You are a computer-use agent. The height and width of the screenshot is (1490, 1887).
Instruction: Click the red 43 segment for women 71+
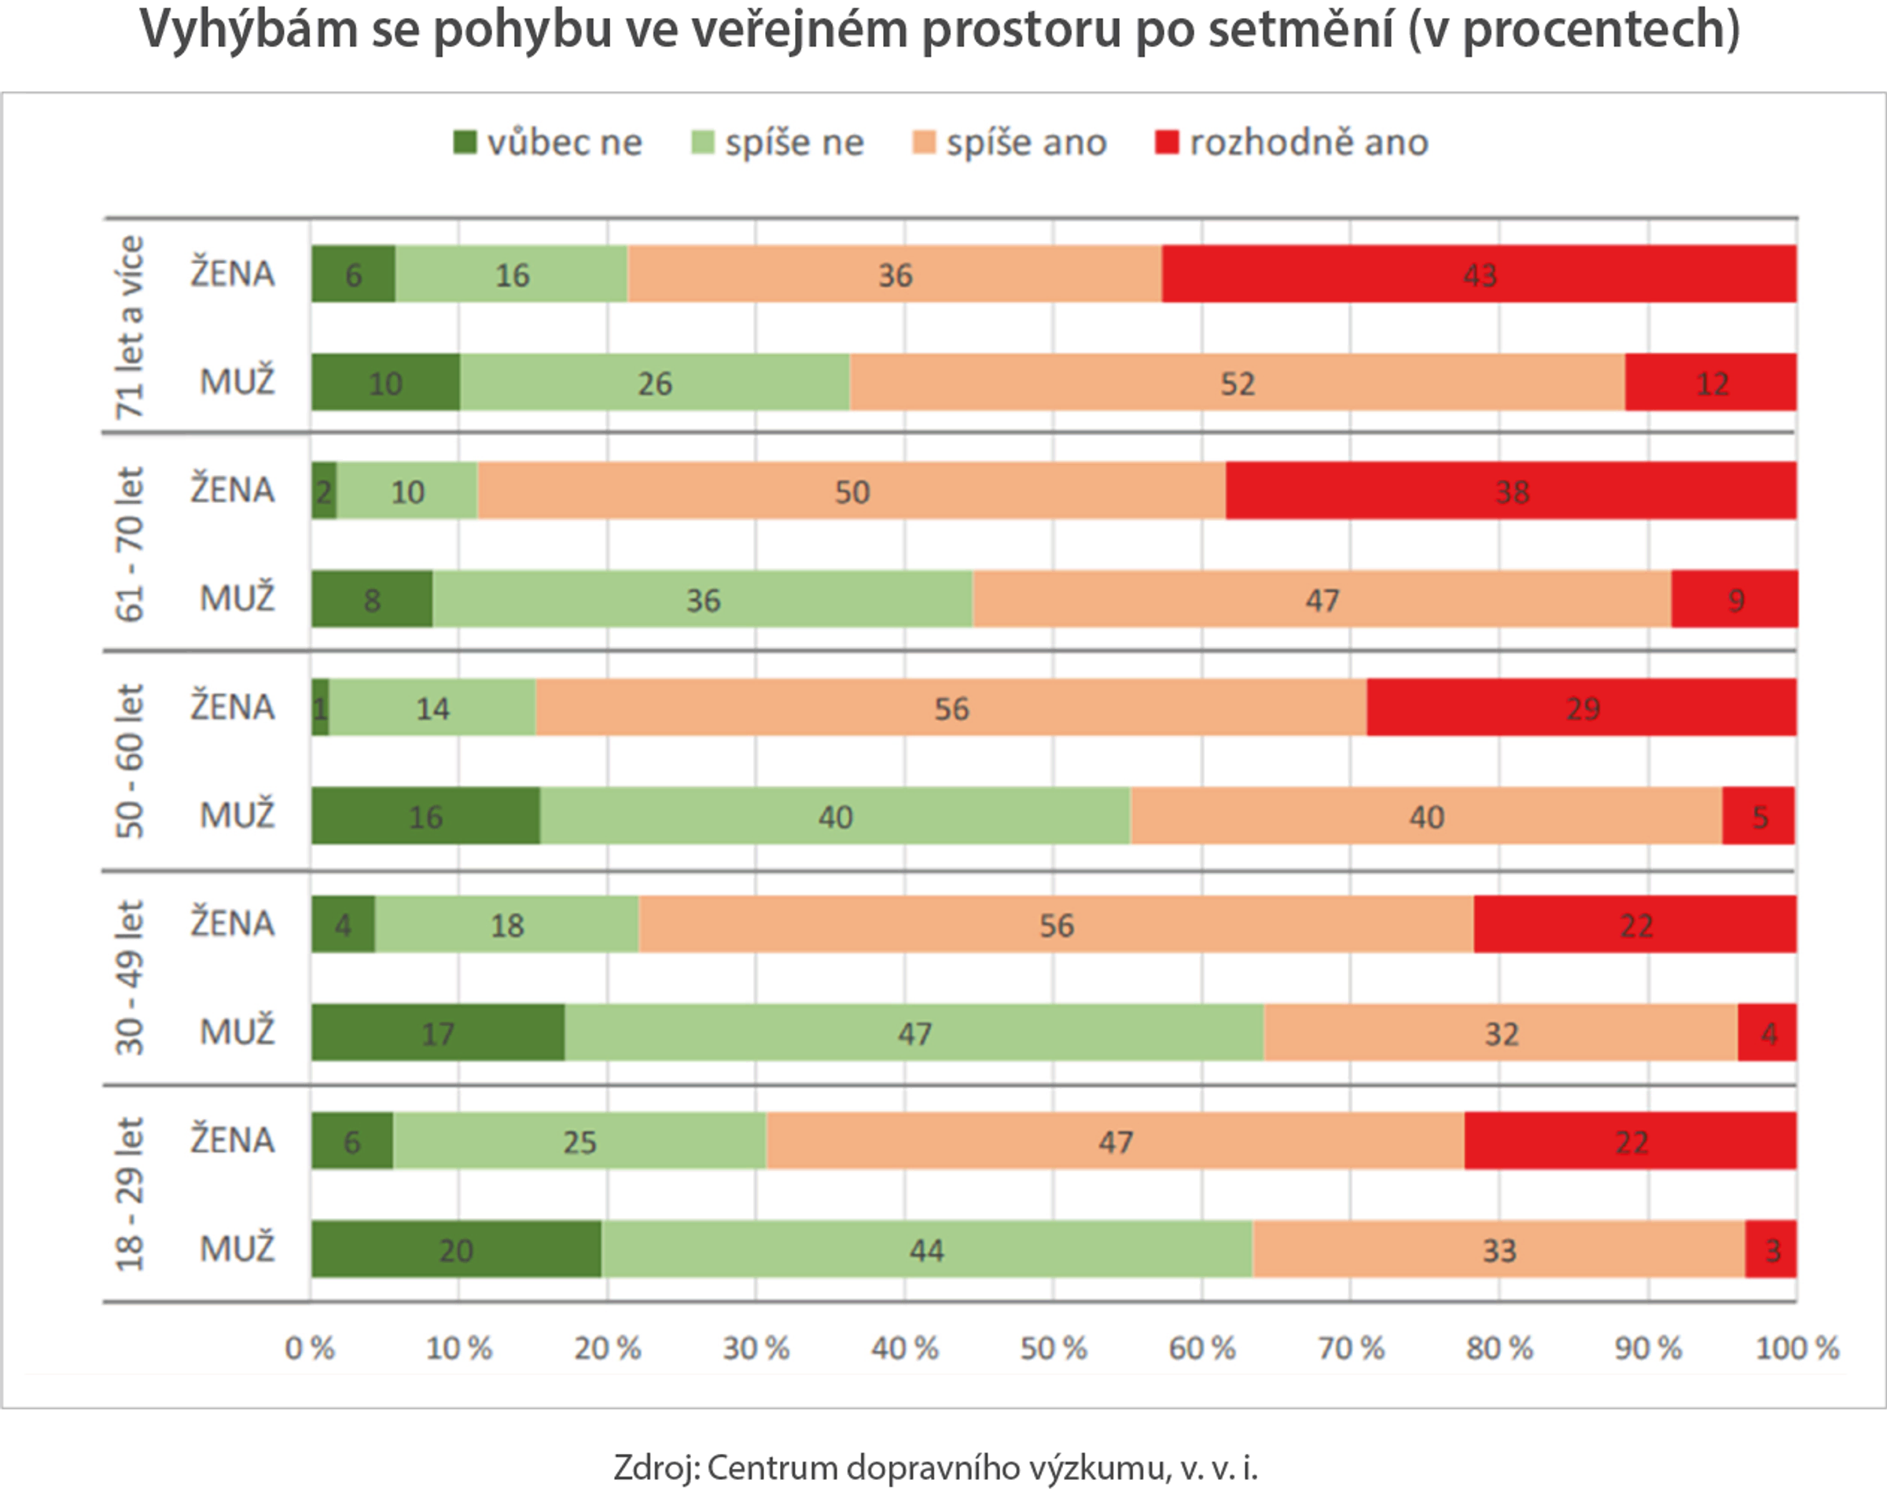click(x=1479, y=274)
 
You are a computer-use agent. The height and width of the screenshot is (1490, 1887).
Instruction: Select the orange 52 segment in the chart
click(x=1237, y=383)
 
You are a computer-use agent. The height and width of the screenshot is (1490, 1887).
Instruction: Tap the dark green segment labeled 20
click(x=455, y=1249)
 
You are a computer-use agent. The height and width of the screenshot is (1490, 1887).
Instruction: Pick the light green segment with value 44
click(x=926, y=1249)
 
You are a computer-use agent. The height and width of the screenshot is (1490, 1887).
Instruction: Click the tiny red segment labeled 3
click(x=1771, y=1249)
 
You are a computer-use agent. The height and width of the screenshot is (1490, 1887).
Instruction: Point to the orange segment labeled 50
click(x=852, y=491)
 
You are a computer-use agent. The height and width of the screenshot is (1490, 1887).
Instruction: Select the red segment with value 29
click(x=1582, y=708)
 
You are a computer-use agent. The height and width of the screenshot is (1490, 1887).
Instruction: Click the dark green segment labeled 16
click(x=425, y=815)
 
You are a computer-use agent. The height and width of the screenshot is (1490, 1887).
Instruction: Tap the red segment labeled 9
click(x=1734, y=599)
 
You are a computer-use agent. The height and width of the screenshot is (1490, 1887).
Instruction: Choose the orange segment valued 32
click(x=1500, y=1033)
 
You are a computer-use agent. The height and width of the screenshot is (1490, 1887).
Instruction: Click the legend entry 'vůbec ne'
click(x=548, y=142)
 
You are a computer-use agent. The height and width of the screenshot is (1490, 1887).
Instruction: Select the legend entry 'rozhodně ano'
click(x=1292, y=142)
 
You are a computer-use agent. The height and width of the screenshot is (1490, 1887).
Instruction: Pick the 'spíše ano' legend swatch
click(x=923, y=142)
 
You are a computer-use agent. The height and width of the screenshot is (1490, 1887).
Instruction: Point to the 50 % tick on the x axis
click(x=1053, y=1348)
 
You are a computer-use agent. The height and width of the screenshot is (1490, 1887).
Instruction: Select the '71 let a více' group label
click(x=129, y=326)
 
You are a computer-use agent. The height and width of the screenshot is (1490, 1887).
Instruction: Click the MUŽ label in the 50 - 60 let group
click(x=237, y=815)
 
